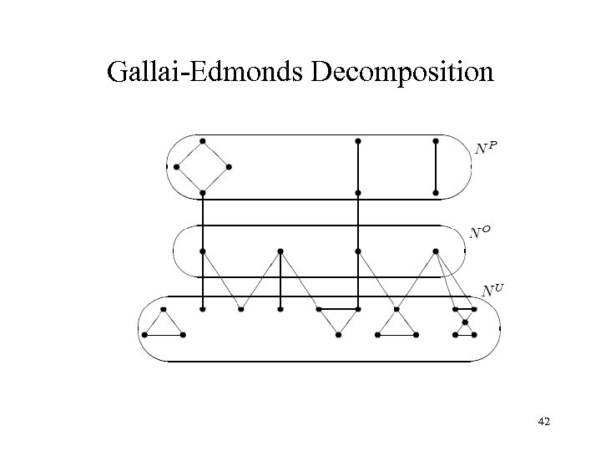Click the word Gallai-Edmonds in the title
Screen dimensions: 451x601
[x=205, y=73]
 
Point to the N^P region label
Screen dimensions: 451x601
[x=486, y=148]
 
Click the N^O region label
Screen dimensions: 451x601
[x=480, y=231]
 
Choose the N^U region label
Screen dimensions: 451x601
[x=494, y=290]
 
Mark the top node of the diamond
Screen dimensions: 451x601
[x=203, y=140]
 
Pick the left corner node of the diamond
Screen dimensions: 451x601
[x=177, y=166]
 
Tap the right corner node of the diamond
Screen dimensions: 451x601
[x=229, y=166]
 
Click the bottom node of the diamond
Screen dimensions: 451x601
[x=203, y=193]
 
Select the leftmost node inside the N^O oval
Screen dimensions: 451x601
[x=203, y=251]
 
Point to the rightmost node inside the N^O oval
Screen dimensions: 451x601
[x=435, y=251]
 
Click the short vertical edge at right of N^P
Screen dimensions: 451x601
[x=435, y=167]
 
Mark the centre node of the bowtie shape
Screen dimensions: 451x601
[x=465, y=322]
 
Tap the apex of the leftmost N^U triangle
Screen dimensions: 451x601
[x=164, y=309]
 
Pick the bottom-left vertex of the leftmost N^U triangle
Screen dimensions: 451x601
[x=145, y=335]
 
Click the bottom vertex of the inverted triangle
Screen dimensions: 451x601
[x=338, y=335]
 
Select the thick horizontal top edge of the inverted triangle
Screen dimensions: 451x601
[x=338, y=309]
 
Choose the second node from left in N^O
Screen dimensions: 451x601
[x=280, y=251]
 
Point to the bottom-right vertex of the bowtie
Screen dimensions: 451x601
[x=474, y=335]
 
